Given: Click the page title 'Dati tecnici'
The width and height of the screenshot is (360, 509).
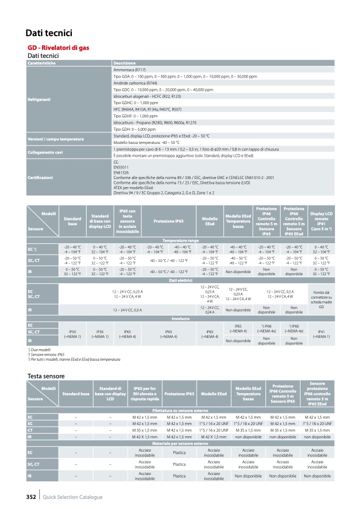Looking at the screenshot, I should (48, 33).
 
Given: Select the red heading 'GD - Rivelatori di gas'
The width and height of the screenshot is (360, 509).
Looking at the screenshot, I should (58, 48).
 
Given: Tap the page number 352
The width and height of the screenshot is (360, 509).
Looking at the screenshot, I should (31, 497).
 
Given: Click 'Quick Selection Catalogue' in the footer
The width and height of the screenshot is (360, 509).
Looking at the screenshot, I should (73, 497).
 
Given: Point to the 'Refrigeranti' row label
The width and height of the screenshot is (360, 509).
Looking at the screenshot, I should (39, 99).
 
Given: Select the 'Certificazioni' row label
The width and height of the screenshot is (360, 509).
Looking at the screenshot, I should (40, 177).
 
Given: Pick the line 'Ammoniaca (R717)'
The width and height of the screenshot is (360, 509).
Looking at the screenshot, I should (129, 70).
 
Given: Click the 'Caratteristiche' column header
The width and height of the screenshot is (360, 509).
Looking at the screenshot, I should (41, 63).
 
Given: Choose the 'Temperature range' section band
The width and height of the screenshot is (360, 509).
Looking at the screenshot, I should (180, 241).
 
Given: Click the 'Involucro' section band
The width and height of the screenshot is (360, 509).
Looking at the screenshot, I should (180, 318).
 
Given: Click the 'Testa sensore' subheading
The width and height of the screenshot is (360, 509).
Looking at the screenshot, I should (45, 376).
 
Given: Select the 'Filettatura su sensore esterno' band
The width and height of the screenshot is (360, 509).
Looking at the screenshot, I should (180, 411).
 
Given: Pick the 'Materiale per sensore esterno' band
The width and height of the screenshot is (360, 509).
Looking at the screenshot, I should (180, 443).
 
